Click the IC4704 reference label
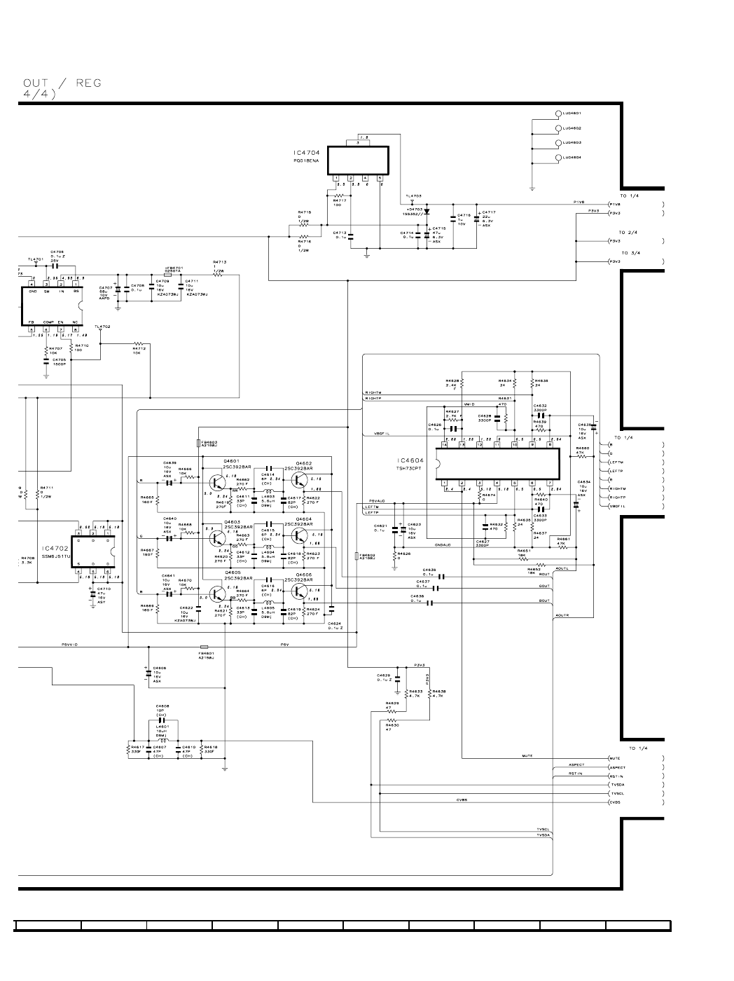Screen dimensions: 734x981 [x=307, y=152]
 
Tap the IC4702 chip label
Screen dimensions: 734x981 [x=53, y=549]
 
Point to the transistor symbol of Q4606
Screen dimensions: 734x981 [x=301, y=592]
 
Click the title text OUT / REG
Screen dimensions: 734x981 [x=62, y=83]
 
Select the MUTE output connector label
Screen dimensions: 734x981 [x=614, y=758]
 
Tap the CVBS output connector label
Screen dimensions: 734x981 [x=614, y=802]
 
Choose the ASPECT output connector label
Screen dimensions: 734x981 [x=616, y=767]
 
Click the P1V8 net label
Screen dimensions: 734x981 [x=579, y=202]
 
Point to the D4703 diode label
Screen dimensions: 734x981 [x=415, y=209]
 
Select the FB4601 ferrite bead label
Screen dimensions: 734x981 [x=206, y=654]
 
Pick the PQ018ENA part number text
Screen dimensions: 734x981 [x=306, y=160]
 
